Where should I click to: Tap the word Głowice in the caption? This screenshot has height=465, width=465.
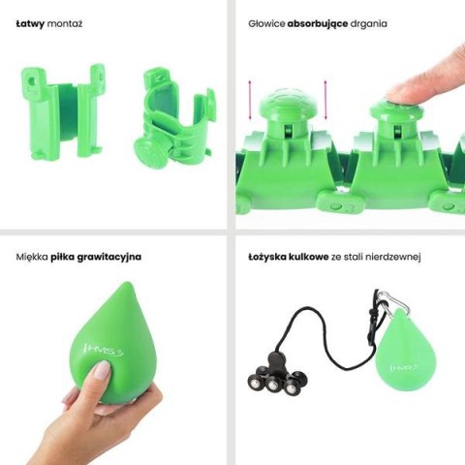[264, 21]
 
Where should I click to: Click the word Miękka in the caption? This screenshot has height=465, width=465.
[33, 257]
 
